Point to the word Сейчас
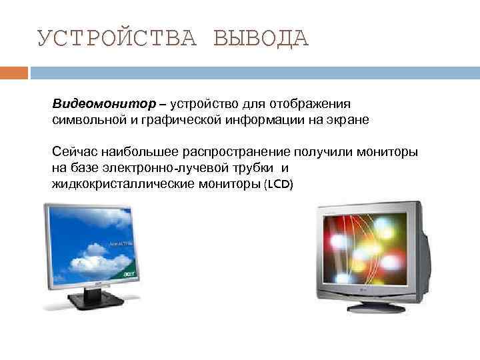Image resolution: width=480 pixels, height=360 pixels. click(74, 152)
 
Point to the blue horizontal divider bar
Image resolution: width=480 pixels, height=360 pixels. click(253, 71)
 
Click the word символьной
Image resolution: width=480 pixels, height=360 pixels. click(83, 121)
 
